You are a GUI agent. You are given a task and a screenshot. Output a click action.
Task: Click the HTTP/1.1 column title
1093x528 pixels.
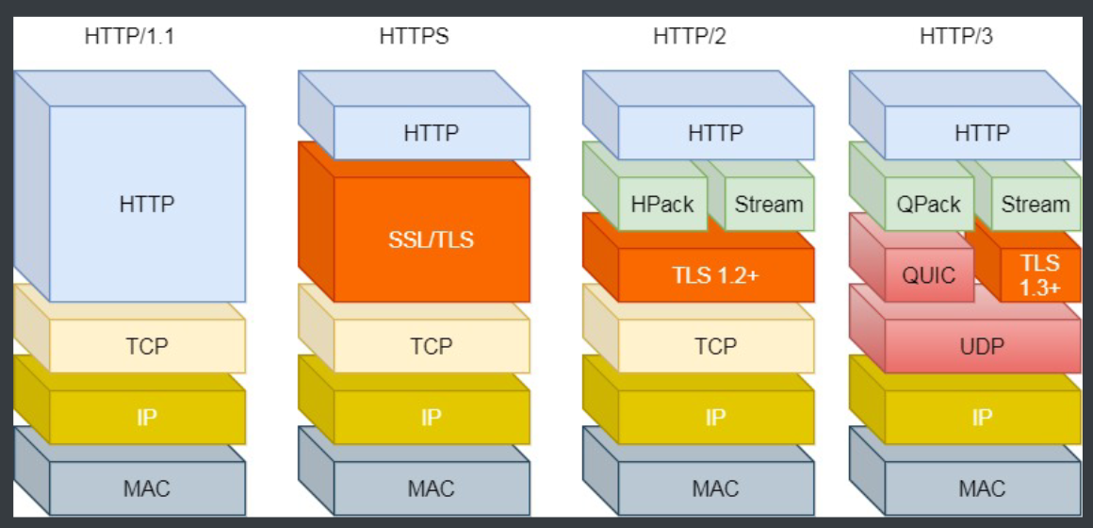[129, 38]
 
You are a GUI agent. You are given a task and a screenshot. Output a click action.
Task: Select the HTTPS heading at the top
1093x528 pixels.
[414, 38]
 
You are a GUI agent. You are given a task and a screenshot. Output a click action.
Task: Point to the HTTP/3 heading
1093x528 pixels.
[955, 38]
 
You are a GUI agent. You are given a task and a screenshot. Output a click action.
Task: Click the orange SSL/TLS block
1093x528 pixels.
[431, 239]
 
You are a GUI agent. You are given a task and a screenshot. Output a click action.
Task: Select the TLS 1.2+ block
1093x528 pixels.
[715, 275]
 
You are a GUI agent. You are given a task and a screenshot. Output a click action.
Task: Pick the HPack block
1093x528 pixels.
[662, 204]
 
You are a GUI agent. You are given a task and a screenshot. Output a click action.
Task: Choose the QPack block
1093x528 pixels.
[929, 204]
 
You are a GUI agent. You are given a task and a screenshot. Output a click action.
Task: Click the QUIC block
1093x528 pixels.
[928, 275]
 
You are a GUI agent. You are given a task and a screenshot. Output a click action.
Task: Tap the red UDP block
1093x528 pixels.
[982, 346]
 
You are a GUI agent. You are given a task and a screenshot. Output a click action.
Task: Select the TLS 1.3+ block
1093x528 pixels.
[1040, 275]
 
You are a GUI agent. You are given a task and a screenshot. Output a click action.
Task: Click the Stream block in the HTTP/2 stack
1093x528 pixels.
[769, 204]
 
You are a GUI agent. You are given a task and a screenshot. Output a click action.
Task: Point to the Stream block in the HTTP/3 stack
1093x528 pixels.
[1036, 204]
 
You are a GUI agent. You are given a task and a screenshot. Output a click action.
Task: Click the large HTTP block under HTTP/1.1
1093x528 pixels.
[147, 203]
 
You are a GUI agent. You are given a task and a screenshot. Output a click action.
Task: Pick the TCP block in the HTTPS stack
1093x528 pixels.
[432, 346]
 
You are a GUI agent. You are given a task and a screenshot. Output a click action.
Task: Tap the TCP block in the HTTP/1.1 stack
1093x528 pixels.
[147, 346]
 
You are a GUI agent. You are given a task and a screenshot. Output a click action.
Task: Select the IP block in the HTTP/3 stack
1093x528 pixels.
[982, 417]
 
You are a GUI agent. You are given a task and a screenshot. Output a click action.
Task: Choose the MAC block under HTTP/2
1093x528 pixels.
[715, 488]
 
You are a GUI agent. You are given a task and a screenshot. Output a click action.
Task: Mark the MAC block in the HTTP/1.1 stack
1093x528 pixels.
[147, 488]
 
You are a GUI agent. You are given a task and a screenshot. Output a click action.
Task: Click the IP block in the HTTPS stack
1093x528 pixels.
[432, 417]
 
